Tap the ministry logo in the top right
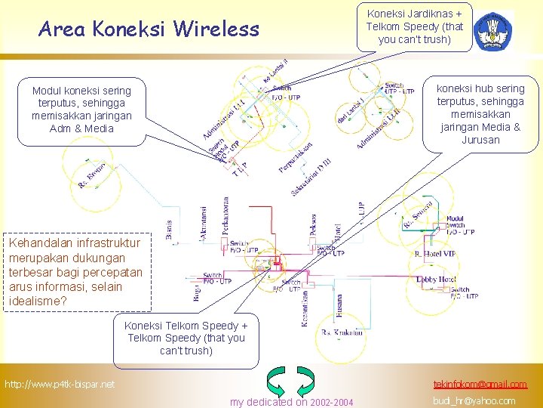[495, 30]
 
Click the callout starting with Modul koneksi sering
[81, 110]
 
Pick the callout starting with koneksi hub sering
[480, 114]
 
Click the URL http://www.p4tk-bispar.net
[60, 385]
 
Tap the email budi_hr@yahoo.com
[474, 401]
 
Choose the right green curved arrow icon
[305, 381]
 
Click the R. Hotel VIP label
[435, 255]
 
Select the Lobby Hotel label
[436, 278]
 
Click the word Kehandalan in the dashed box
[36, 243]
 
